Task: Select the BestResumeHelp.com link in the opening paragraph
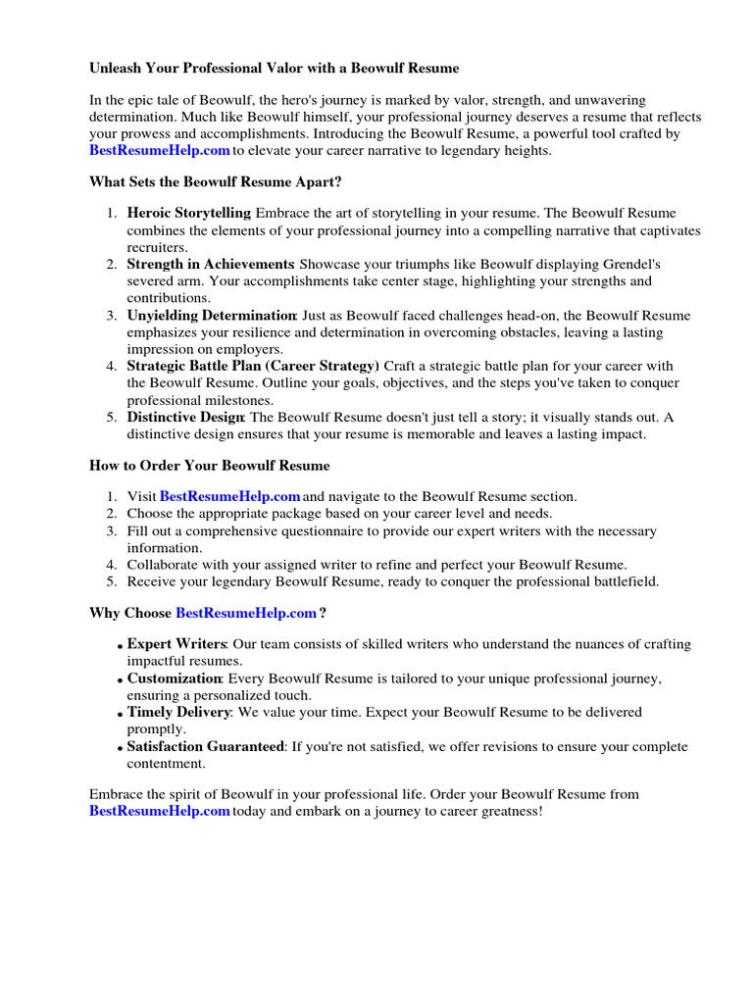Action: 160,150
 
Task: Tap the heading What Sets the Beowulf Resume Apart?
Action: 215,182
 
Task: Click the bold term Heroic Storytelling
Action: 189,213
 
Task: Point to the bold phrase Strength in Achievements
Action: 211,265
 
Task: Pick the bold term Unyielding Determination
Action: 212,316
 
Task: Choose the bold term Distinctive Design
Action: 185,418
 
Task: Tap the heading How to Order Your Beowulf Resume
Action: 209,465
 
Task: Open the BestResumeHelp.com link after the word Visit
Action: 229,497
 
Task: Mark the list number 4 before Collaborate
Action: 112,565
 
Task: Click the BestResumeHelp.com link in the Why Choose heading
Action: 246,614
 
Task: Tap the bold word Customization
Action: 175,678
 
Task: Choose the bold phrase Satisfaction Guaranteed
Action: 206,746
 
